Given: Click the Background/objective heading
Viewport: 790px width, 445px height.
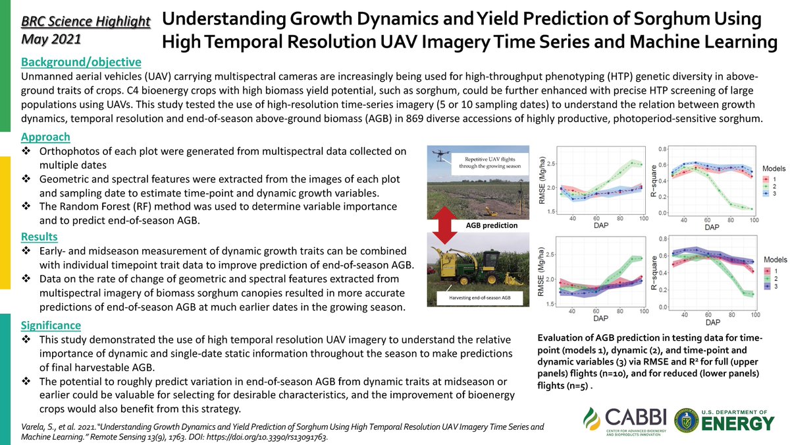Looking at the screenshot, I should click(x=81, y=63).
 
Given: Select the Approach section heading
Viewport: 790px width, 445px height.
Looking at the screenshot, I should click(x=45, y=137).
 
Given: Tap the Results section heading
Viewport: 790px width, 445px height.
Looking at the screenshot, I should click(x=39, y=237).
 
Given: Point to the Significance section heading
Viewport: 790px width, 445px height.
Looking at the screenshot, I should click(x=51, y=325).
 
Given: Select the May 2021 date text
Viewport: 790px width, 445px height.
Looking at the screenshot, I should click(x=51, y=39).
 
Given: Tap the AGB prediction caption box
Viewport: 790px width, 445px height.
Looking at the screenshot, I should click(x=491, y=225).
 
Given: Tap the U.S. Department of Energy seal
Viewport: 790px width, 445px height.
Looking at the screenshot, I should click(x=687, y=420).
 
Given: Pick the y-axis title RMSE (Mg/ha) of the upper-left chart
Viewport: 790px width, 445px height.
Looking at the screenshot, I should click(x=543, y=180).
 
